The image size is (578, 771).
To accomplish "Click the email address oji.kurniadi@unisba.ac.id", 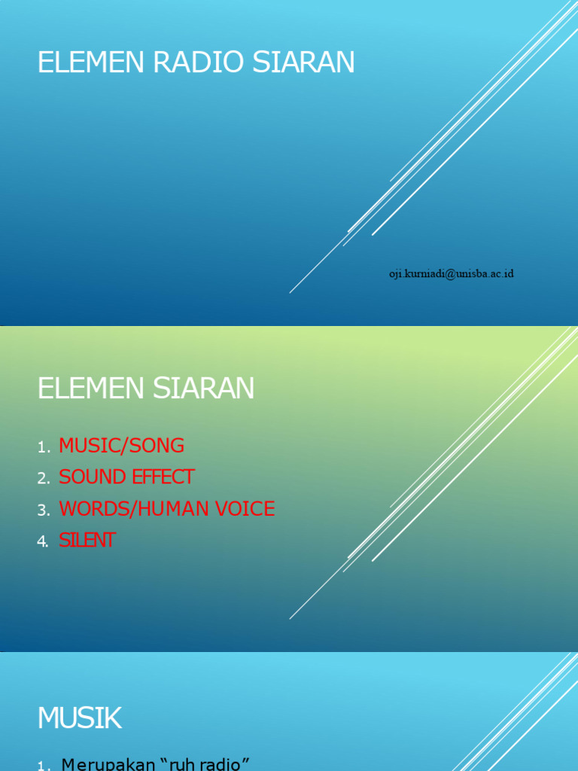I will (451, 274).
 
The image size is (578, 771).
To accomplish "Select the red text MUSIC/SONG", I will (121, 446).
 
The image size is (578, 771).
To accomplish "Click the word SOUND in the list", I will (87, 477).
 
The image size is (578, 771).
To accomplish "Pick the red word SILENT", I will (87, 541).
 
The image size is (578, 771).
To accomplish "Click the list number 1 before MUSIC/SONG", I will (42, 448).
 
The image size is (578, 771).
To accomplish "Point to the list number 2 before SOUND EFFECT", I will (43, 479).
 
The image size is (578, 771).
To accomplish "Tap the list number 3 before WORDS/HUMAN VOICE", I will (43, 510).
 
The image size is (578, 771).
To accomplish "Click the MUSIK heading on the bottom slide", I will (80, 719).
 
